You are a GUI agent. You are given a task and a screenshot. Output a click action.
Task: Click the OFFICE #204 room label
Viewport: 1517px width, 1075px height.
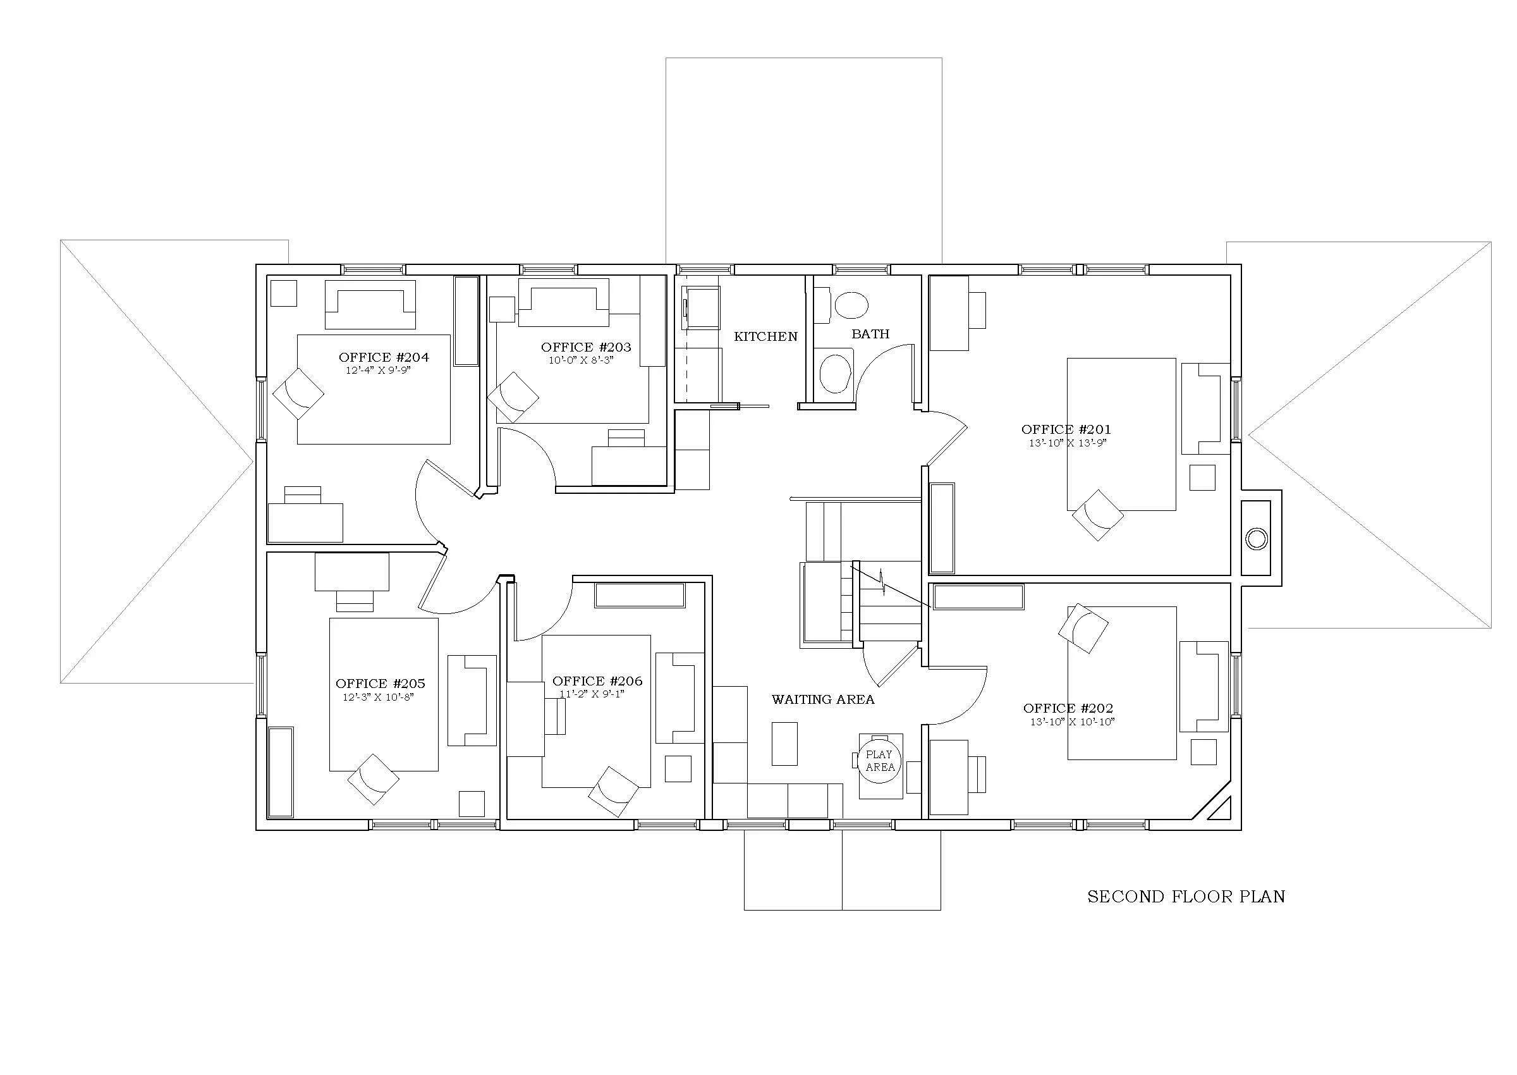(x=384, y=357)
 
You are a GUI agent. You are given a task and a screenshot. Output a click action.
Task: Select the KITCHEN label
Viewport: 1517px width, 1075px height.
(x=765, y=337)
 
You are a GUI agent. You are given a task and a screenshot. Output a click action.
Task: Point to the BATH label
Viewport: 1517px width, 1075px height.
(x=870, y=335)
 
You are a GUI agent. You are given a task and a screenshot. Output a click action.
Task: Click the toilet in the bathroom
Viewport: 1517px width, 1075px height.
(x=835, y=374)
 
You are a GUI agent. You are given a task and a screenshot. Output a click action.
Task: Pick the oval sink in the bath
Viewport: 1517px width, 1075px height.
(x=851, y=305)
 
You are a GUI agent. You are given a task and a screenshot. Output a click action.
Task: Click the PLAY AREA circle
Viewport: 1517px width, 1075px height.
(x=879, y=761)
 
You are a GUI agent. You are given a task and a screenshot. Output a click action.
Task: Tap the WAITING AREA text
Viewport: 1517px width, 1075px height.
(x=822, y=699)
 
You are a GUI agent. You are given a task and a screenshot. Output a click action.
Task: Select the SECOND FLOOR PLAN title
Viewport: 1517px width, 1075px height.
(x=1186, y=897)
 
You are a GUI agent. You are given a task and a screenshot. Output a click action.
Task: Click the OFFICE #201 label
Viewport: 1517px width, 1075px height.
(x=1066, y=429)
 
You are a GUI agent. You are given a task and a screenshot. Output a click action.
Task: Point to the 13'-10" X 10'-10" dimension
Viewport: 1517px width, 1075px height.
(x=1072, y=722)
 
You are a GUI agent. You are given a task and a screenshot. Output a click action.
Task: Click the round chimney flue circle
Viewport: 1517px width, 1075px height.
(x=1256, y=539)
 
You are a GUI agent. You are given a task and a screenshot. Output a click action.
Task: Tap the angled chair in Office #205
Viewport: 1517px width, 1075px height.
(x=373, y=779)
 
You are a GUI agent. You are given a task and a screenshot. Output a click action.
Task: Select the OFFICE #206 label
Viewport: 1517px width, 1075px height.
(x=597, y=681)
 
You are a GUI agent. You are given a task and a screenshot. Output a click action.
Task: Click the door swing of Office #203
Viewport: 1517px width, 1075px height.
(x=529, y=457)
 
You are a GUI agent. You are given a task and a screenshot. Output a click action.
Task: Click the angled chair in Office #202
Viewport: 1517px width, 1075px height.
(x=1083, y=628)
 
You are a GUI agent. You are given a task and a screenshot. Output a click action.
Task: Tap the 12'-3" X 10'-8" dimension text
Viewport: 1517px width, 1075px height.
(x=379, y=697)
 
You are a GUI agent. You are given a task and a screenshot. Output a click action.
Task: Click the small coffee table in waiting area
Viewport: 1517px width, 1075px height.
(x=784, y=744)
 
